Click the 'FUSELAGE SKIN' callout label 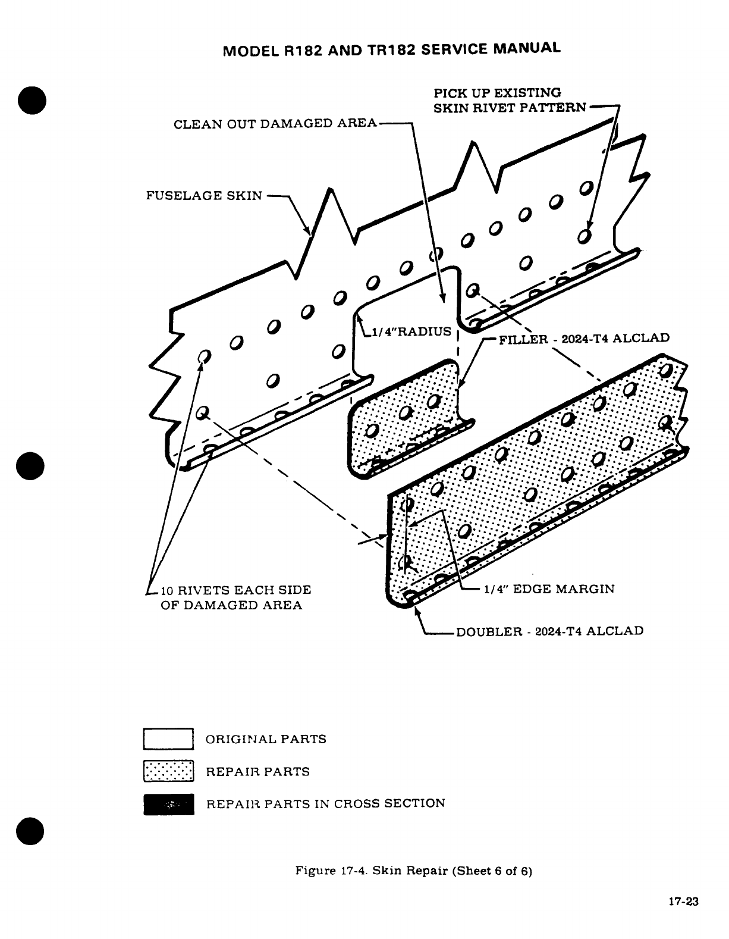click(204, 196)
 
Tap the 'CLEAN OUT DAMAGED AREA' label click(275, 124)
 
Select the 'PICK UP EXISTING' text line click(497, 93)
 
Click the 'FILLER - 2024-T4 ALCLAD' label click(584, 339)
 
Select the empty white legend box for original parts click(168, 739)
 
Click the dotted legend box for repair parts click(168, 771)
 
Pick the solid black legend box click(168, 804)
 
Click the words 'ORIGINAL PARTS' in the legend click(266, 740)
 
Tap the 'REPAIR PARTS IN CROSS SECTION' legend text click(325, 804)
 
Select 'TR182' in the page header click(387, 50)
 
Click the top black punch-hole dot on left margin click(31, 100)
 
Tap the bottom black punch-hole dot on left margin click(31, 831)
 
